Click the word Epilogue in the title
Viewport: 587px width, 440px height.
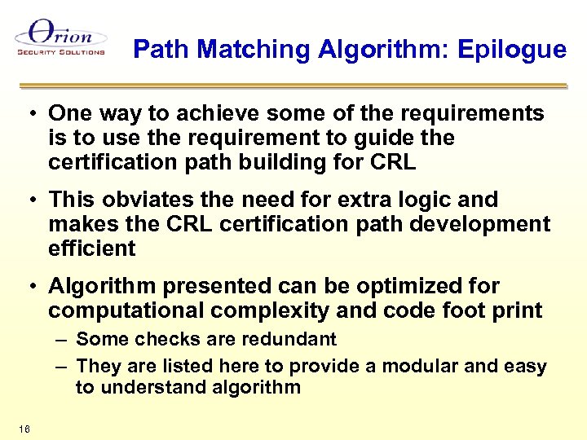coord(512,51)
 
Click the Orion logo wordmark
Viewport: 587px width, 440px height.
coord(61,35)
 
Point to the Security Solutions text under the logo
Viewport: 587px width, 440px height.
coord(61,52)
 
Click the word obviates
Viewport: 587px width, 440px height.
coord(144,200)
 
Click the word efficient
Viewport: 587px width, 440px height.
coord(92,249)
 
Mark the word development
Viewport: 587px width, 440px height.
coord(488,224)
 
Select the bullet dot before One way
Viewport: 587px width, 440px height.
coord(29,113)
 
